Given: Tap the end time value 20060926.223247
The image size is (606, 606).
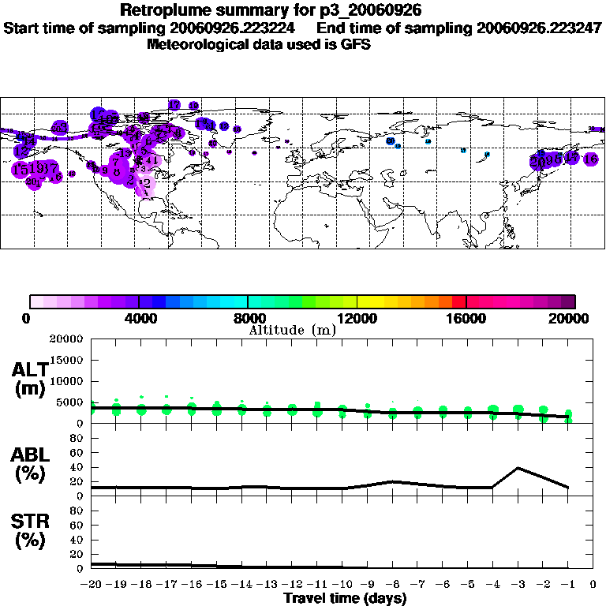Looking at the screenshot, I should [x=539, y=28].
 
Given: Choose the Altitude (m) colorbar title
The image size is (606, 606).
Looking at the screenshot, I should [x=292, y=330].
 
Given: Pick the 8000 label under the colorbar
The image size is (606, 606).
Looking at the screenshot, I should [x=249, y=318].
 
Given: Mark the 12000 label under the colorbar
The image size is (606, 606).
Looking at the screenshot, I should [x=357, y=318].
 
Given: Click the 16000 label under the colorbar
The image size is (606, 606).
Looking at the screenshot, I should [x=466, y=318].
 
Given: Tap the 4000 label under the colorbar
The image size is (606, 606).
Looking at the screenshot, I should [x=139, y=318].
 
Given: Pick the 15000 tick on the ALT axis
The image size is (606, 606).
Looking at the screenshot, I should [x=68, y=360].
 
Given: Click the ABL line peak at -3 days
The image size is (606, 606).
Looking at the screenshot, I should [x=518, y=468].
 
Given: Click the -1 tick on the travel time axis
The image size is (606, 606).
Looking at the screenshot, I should [x=567, y=585].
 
